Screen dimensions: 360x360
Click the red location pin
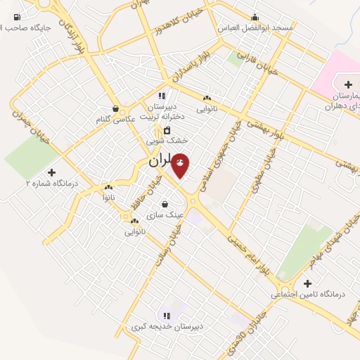pos(180,165)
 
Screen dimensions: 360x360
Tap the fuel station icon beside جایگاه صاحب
pos(17,17)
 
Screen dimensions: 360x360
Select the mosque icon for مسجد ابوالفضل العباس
pos(255,16)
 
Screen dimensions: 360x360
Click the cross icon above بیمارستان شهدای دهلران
pos(348,84)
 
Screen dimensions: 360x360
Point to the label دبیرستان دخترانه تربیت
pos(162,110)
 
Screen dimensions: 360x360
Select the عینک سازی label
pos(165,214)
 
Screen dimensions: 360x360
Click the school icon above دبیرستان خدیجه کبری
pos(167,316)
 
